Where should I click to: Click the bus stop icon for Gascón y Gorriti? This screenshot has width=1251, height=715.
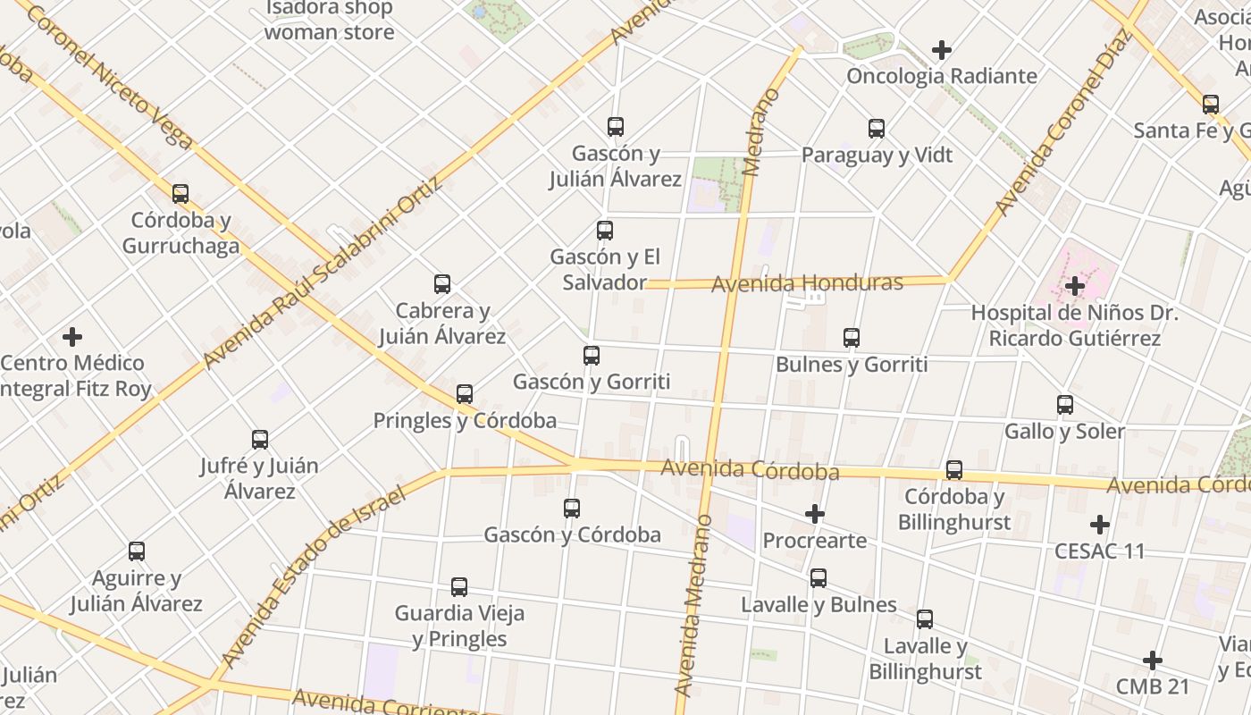[592, 356]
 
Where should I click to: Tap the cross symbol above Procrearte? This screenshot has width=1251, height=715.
[814, 514]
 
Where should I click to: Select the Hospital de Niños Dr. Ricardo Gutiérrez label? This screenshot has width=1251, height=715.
[1074, 326]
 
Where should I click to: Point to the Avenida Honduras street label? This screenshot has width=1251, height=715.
[807, 284]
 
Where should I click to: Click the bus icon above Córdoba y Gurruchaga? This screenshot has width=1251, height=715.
[181, 194]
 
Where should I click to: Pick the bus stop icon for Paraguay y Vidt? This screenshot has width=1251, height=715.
[877, 129]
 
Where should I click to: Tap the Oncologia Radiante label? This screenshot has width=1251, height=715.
[942, 76]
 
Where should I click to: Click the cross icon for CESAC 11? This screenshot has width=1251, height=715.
[1100, 525]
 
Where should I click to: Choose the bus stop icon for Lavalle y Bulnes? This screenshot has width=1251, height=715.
[819, 578]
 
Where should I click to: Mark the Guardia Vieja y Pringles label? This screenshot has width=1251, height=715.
[459, 626]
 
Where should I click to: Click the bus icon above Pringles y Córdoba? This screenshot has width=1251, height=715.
[465, 394]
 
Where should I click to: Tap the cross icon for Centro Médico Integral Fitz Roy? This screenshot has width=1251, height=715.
[72, 337]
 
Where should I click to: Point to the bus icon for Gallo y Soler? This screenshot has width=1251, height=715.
[1065, 405]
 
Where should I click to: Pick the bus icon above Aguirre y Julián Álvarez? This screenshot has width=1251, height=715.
[137, 551]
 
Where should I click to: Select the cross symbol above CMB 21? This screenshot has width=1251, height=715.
[1153, 660]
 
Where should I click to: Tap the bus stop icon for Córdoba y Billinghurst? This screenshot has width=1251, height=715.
[954, 470]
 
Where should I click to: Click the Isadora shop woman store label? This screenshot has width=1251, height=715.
[329, 21]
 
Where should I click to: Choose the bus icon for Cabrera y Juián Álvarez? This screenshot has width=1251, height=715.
[442, 284]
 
